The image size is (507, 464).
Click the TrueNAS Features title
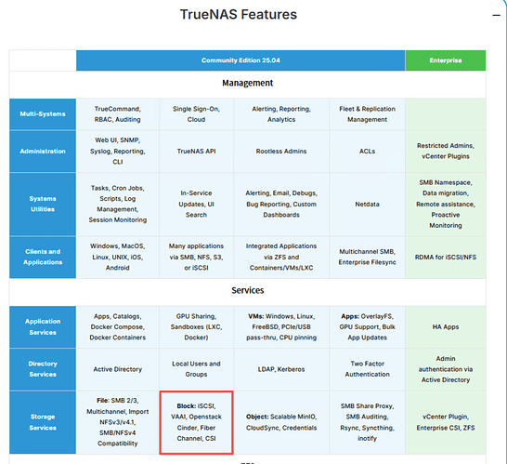239,15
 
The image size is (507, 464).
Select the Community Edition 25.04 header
240,60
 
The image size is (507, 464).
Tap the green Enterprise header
446,60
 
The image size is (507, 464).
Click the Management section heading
247,83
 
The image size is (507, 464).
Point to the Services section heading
247,290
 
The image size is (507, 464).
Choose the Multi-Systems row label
43,114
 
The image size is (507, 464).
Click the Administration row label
43,152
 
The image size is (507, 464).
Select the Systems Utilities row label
43,204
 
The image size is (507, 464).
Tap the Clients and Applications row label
43,257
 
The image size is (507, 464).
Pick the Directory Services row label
43,369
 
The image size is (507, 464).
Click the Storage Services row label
43,422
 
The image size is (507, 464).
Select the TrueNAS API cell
196,152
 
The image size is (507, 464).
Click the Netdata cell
368,205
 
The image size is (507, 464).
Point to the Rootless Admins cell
281,152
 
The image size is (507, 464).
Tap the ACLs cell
368,152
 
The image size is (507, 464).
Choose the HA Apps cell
446,327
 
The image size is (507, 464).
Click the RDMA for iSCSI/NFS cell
446,257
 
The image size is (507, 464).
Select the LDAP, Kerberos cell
281,369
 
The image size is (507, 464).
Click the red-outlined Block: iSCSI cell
196,422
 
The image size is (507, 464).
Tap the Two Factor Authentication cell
368,369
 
